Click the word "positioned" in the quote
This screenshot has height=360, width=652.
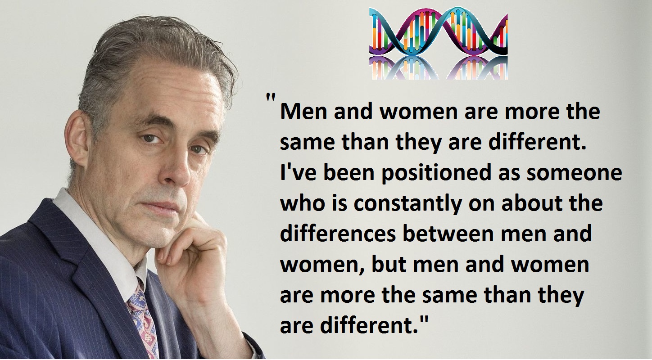(437, 174)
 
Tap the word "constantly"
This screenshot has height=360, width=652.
(408, 204)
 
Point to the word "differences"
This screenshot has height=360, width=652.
(338, 234)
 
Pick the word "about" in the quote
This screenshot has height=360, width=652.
(528, 203)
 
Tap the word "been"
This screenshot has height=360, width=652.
(349, 173)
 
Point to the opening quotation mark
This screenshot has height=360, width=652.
(271, 97)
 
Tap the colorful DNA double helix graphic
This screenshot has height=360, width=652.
(439, 43)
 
